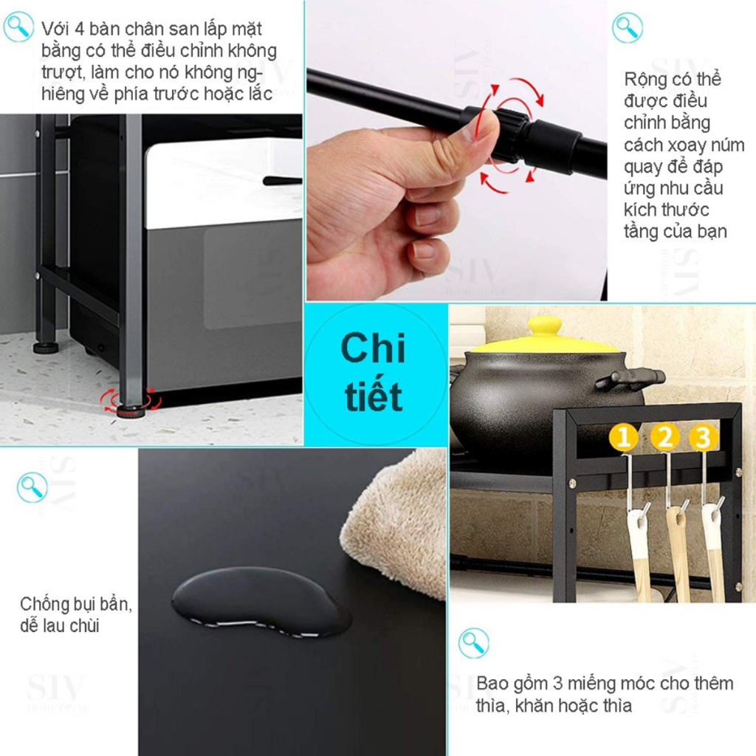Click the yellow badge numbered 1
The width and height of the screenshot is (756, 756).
point(623,437)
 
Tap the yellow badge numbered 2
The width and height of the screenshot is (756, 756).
point(665,437)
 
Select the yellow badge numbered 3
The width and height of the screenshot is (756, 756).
point(703,437)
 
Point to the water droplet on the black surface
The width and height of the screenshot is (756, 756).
point(261,601)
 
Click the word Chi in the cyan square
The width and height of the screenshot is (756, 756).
point(373,348)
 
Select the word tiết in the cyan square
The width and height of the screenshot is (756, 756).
point(373,396)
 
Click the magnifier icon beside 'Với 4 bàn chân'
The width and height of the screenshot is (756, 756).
point(18,27)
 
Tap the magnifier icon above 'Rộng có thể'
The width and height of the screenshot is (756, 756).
point(628,27)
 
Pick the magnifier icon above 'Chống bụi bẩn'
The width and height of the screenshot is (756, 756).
point(32,487)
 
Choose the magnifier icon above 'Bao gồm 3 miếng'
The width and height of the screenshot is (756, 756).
point(473,643)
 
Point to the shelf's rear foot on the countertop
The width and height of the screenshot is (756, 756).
point(46,347)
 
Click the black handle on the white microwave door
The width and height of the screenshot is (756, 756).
point(282,181)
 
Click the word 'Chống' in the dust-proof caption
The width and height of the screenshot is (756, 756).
point(44,605)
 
